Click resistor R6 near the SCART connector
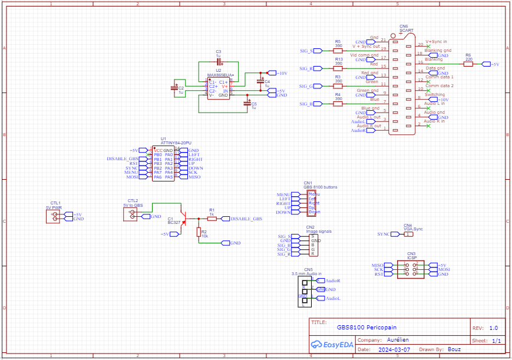(x=468, y=64)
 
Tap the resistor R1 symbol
(x=212, y=219)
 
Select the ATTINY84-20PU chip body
(x=163, y=163)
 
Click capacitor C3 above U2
(x=219, y=61)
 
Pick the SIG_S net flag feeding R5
(x=307, y=51)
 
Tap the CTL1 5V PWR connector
(x=55, y=216)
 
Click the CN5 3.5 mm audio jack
(x=305, y=290)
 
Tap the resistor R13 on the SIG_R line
(x=338, y=69)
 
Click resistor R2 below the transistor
(x=199, y=232)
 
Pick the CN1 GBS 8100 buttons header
(x=312, y=203)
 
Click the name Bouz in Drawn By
(x=454, y=349)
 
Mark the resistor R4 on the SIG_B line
(x=338, y=104)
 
